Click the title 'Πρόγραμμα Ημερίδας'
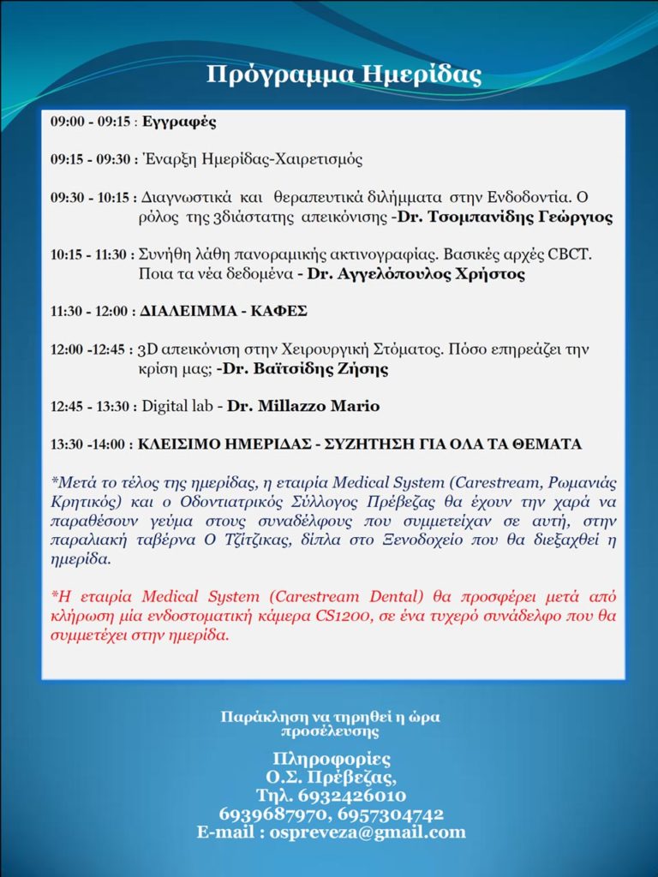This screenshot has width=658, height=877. coord(344,75)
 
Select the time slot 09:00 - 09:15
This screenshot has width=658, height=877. coord(90,122)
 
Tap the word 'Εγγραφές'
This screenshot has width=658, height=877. coord(179,122)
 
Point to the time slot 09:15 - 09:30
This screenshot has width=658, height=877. coord(90,159)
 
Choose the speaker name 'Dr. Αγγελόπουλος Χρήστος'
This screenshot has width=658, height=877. coord(416,275)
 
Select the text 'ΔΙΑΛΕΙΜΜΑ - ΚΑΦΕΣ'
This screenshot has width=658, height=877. coord(224,312)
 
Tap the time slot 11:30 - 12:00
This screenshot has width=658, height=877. coord(90,312)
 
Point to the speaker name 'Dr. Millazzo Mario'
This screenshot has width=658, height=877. coord(303,406)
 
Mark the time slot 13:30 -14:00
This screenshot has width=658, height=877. coord(89,444)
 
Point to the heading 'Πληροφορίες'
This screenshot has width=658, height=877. coord(331,760)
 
